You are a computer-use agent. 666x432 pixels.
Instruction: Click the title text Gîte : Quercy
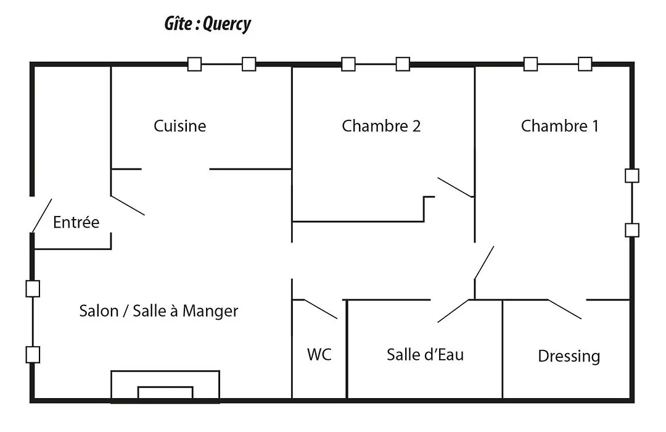click(x=208, y=24)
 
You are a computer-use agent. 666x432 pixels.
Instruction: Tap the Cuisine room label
click(x=179, y=126)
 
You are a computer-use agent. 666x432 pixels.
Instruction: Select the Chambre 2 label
click(x=381, y=126)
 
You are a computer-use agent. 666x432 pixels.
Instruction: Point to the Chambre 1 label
click(x=560, y=126)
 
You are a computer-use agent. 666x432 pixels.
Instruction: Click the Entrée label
click(x=76, y=222)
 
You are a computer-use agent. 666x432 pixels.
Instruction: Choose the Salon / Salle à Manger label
click(x=158, y=311)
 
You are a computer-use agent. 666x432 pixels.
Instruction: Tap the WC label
click(x=319, y=354)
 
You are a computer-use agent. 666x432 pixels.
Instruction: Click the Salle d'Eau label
click(x=425, y=355)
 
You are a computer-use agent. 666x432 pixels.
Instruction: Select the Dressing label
click(x=569, y=356)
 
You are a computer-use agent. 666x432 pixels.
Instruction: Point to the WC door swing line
click(x=321, y=309)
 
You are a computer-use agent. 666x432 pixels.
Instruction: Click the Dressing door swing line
click(x=564, y=309)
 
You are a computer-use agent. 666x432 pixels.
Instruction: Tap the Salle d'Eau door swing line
click(x=454, y=311)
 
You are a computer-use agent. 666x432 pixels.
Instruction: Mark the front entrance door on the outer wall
click(x=42, y=215)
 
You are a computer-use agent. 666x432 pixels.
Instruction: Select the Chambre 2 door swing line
click(x=456, y=188)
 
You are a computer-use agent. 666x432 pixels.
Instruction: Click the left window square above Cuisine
click(x=194, y=64)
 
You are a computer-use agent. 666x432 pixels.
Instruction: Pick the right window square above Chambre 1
click(x=585, y=64)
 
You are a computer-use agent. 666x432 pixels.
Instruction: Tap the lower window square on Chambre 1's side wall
click(x=632, y=230)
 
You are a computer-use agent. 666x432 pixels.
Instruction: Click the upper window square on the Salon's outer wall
click(x=33, y=289)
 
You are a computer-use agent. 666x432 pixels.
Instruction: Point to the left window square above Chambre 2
click(x=348, y=64)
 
